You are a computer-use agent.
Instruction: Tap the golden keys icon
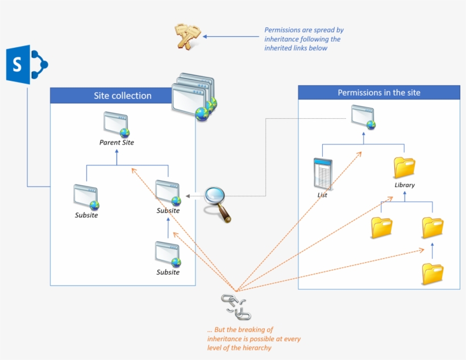pos(187,36)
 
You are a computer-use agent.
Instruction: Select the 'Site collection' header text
pos(123,96)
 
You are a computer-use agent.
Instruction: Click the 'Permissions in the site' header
pos(379,93)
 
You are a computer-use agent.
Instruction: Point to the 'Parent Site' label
pos(116,142)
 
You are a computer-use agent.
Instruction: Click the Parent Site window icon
pos(116,124)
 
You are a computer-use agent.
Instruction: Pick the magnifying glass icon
pos(218,201)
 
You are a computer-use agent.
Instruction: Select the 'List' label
pos(322,195)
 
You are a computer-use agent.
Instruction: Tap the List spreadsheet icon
pos(323,174)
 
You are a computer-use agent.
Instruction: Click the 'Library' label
pos(405,185)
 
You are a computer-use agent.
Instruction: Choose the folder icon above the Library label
pos(405,168)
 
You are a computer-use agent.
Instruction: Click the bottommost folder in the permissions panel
pos(432,274)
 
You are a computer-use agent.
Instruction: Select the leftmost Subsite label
pos(86,215)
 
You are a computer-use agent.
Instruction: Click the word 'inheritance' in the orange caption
pos(226,339)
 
